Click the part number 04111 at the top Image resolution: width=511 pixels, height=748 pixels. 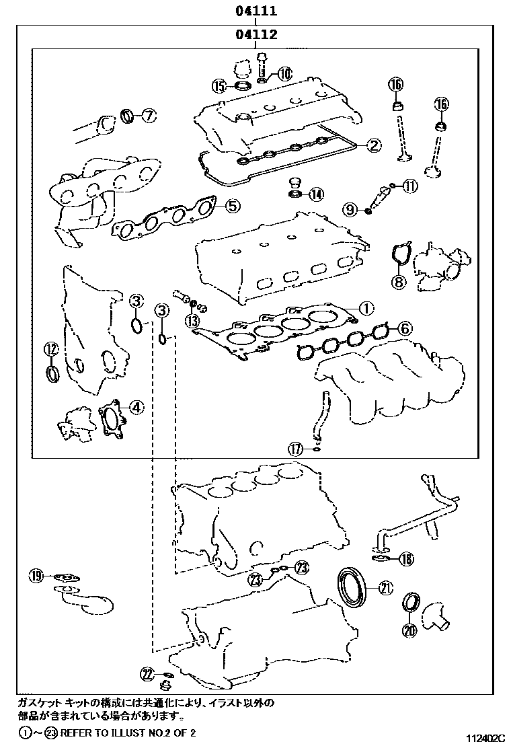(256, 11)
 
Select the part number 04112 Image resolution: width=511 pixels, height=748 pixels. (256, 34)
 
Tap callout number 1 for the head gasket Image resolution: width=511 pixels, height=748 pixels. (365, 308)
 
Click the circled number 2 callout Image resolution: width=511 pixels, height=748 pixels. (373, 144)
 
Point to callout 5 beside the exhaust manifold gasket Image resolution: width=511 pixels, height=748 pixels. (231, 206)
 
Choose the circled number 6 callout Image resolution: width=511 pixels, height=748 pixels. (403, 328)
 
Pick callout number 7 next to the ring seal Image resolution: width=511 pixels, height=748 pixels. (149, 115)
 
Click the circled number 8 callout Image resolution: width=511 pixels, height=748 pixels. (398, 282)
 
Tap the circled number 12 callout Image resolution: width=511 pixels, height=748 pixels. (52, 349)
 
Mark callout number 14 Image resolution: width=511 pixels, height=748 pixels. (315, 195)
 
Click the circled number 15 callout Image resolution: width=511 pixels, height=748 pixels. (219, 85)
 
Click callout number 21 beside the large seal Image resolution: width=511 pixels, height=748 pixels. (384, 588)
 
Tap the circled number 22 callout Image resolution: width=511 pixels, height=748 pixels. (148, 673)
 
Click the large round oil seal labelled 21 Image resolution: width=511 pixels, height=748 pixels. (352, 587)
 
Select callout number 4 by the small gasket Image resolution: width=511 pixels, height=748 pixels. (136, 406)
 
